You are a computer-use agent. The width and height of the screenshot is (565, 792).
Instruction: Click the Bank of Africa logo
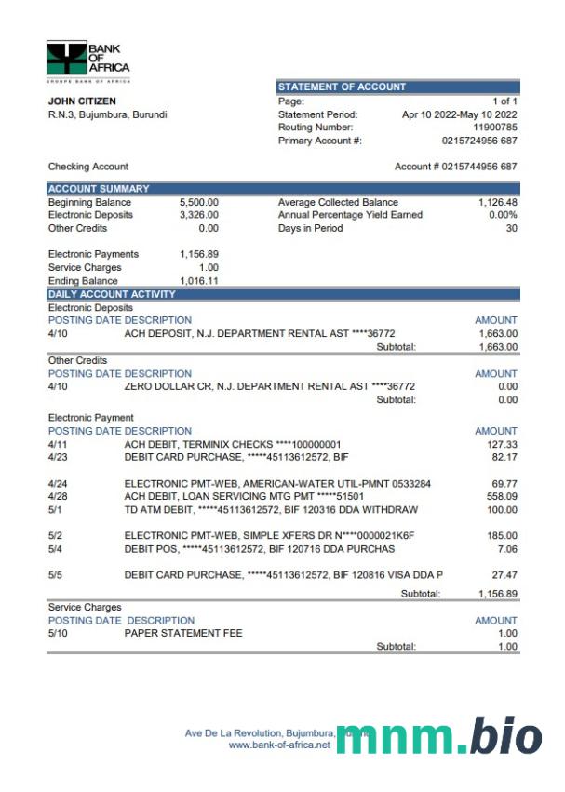[x=87, y=58]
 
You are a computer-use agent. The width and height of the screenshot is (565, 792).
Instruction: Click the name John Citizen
[x=82, y=101]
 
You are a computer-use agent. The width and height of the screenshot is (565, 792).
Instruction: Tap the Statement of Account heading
[x=342, y=87]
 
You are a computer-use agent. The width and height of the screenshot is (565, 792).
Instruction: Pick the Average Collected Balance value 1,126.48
[x=497, y=202]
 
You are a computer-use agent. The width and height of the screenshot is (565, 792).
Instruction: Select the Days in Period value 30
[x=511, y=228]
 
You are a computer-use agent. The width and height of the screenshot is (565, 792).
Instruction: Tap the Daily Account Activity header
[x=111, y=294]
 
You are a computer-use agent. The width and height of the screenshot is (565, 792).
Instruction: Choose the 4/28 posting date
[x=58, y=497]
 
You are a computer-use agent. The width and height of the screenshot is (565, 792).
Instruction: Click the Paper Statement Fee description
[x=182, y=633]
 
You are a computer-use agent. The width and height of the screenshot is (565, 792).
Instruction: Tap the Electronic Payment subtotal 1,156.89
[x=497, y=593]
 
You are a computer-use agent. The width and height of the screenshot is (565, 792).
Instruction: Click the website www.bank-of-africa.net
[x=279, y=745]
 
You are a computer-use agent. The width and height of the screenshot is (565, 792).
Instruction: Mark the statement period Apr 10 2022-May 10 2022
[x=459, y=114]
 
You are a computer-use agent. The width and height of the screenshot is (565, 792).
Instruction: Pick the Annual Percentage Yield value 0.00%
[x=503, y=215]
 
